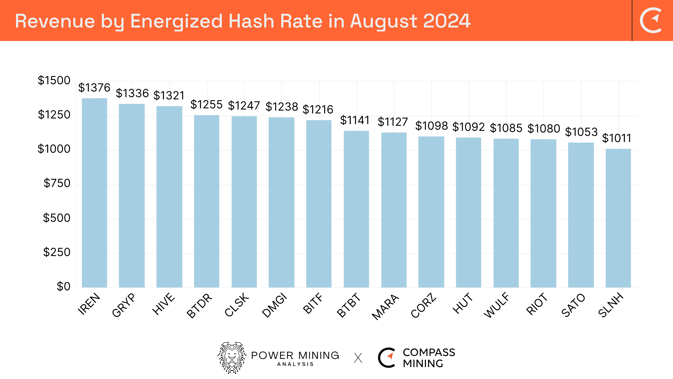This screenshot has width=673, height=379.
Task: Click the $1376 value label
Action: (94, 88)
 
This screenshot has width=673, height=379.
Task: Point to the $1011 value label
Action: (617, 138)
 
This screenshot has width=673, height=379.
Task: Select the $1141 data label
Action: (355, 120)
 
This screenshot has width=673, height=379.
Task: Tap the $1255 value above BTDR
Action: (206, 104)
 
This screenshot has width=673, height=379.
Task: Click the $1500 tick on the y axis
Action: (54, 81)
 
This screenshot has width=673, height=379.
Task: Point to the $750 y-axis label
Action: (57, 183)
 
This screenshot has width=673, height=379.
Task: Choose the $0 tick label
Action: (63, 286)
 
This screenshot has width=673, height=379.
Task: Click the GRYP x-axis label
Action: (123, 305)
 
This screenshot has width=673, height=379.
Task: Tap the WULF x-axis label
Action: (497, 305)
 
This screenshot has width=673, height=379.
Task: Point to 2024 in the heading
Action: (447, 21)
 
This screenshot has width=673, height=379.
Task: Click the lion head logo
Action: (232, 358)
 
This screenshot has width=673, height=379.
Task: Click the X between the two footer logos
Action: (358, 358)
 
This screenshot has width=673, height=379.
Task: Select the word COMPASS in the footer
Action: (429, 352)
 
